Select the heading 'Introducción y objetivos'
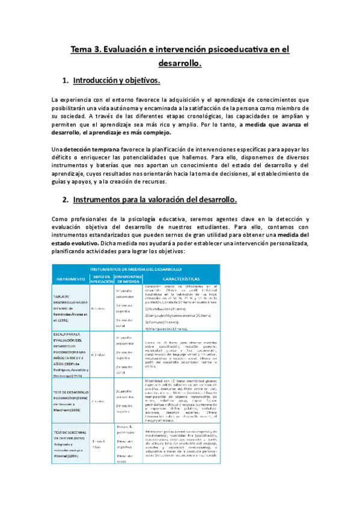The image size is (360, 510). pos(117,80)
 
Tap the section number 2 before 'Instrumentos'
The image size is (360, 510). pos(65,199)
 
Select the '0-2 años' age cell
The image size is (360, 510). pos(97,356)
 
